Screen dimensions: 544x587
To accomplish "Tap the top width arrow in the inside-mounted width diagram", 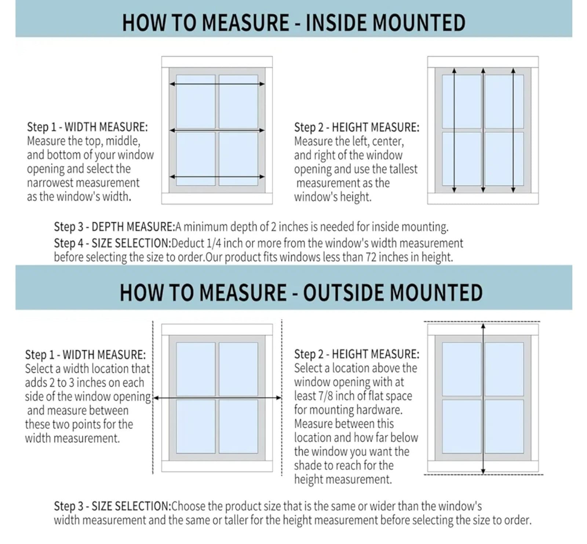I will pyautogui.click(x=217, y=84).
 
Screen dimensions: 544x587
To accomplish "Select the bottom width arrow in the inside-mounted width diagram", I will pyautogui.click(x=217, y=177).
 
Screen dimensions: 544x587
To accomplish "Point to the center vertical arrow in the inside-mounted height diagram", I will pyautogui.click(x=483, y=130).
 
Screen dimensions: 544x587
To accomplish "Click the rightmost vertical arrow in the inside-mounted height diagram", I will pyautogui.click(x=513, y=130).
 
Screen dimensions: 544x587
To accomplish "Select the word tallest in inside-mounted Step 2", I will pyautogui.click(x=403, y=169).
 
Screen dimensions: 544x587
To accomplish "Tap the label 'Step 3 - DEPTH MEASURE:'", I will pyautogui.click(x=114, y=227).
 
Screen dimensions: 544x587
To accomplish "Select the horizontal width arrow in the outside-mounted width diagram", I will pyautogui.click(x=217, y=398).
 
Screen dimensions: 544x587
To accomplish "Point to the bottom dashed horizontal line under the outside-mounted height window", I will pyautogui.click(x=483, y=475).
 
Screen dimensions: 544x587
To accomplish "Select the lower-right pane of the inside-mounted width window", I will pyautogui.click(x=238, y=159).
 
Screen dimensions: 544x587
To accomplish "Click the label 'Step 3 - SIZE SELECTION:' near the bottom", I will pyautogui.click(x=112, y=506).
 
